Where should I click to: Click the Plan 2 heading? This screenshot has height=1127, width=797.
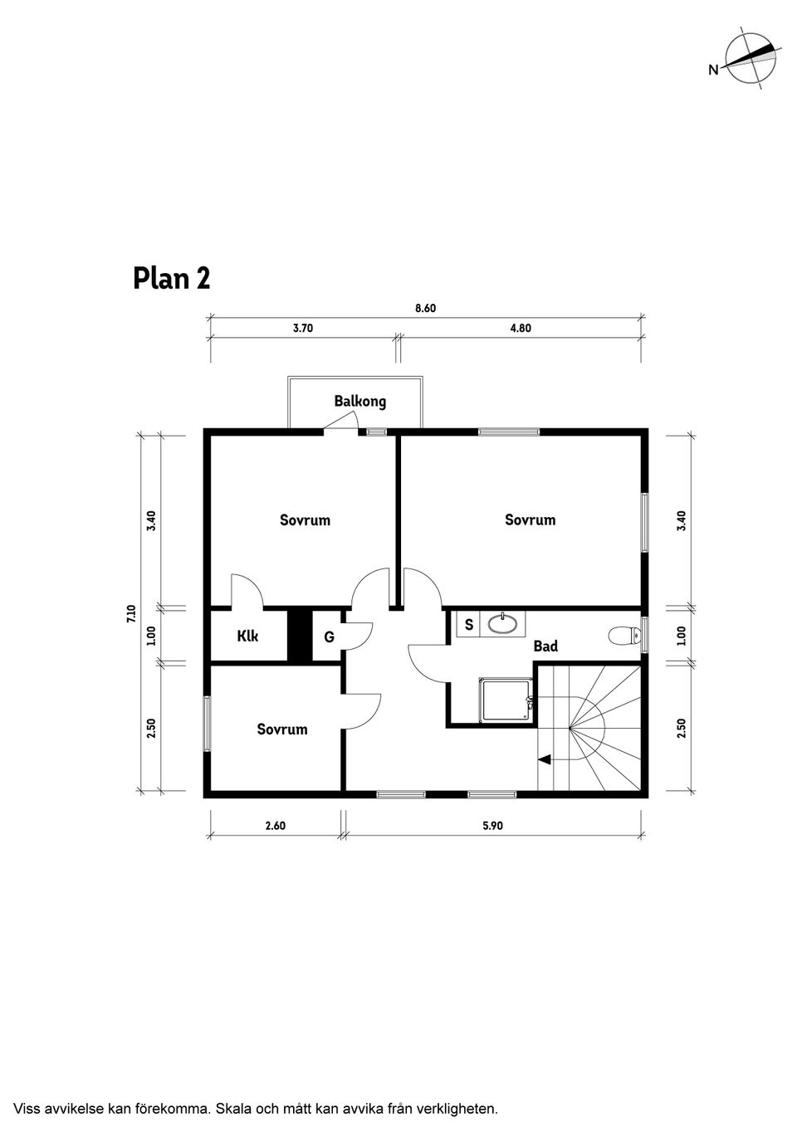tap(172, 278)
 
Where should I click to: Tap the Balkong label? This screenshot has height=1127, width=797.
tap(359, 402)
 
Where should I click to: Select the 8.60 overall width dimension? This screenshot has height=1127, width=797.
tap(425, 308)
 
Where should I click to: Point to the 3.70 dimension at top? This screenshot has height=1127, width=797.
tap(303, 328)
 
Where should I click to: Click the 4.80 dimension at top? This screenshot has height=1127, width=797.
tap(520, 328)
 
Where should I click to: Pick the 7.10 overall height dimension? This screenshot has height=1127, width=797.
tap(130, 613)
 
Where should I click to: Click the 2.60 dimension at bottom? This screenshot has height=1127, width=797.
tap(275, 826)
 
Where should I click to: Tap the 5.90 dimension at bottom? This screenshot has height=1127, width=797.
tap(492, 826)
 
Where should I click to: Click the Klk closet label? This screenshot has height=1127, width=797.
tap(247, 637)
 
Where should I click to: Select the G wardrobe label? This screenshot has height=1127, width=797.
tap(329, 637)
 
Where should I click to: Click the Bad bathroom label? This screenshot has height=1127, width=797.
tap(545, 646)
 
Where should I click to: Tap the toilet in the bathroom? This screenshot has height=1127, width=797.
tap(624, 637)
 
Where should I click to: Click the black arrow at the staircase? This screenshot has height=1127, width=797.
tap(545, 759)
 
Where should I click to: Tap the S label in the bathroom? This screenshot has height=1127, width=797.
tap(469, 625)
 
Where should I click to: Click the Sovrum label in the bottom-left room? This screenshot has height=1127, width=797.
tap(282, 729)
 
